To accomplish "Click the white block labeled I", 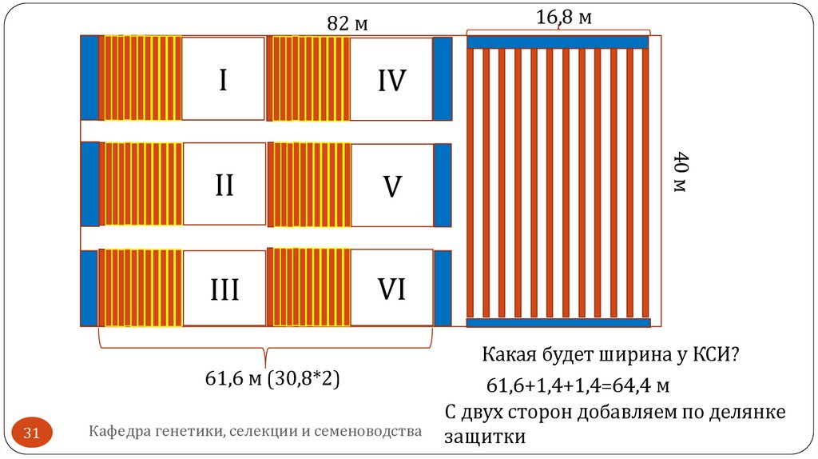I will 223,78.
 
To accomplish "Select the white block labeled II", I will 223,185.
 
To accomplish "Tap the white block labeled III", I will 224,288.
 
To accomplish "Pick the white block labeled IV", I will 391,78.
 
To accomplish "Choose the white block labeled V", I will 391,185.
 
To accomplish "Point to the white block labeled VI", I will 391,288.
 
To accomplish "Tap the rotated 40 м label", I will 680,171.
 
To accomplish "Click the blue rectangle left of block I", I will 89,78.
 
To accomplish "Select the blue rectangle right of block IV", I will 442,78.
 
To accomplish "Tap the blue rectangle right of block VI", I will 442,288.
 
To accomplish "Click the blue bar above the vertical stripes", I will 558,42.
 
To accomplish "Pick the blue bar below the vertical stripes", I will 558,323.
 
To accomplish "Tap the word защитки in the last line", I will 485,437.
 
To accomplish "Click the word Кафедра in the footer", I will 117,432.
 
